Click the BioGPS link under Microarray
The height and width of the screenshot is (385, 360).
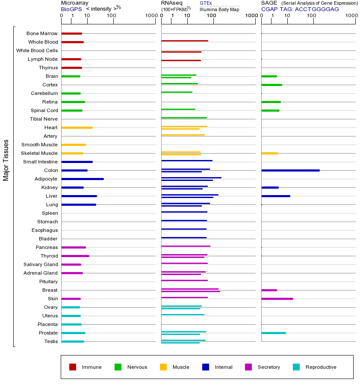coord(71,9)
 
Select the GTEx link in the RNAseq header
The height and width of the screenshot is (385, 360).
coord(206,3)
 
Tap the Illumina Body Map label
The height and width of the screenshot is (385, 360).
coord(219,9)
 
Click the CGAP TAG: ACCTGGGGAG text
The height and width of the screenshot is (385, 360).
coord(300,9)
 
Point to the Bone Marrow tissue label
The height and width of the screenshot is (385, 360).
coord(42,33)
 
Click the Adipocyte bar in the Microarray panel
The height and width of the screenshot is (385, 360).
coord(83,179)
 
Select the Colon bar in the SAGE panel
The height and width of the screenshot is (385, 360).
coord(290,170)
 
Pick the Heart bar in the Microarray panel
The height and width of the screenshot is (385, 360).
coord(77,127)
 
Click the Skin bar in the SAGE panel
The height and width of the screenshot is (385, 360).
coord(277,299)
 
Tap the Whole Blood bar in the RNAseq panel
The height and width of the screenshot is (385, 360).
coord(185,41)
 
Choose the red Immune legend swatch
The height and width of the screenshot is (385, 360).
coord(73,367)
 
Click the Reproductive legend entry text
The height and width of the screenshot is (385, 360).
coord(321,367)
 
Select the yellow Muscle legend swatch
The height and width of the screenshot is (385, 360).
coord(163,367)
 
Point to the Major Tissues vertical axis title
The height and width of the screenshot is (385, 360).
coord(6,160)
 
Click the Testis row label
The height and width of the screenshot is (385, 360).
coord(51,341)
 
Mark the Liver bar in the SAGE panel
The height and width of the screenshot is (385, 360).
coord(276,196)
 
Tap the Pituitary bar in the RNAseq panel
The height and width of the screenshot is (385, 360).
coord(184,280)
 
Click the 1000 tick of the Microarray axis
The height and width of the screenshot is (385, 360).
coord(150,16)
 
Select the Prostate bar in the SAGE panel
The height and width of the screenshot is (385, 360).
coord(274,333)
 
